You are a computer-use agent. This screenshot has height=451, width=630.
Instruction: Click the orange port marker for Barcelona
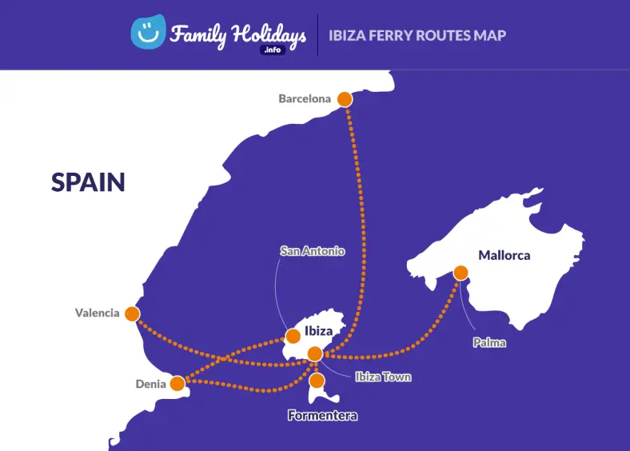tap(345, 99)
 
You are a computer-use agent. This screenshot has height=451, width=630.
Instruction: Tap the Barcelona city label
tap(305, 99)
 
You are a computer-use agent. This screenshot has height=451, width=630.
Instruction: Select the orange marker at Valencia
tap(132, 313)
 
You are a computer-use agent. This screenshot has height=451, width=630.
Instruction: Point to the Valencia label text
tap(97, 313)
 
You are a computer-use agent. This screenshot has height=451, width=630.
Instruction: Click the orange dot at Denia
tap(177, 384)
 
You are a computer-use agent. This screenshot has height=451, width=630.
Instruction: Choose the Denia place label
tap(150, 385)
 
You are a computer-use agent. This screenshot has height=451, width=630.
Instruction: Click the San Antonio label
tap(313, 251)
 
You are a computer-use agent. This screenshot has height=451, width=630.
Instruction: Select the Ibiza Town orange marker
tap(315, 353)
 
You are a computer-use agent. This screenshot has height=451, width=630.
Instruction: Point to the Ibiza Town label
tap(384, 377)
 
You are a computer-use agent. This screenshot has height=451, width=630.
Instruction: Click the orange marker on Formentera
tap(317, 380)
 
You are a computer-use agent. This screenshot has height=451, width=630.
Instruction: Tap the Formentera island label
tap(322, 416)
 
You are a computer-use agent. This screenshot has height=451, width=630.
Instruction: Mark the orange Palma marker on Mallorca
tap(461, 273)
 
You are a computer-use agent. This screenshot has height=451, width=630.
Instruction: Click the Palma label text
tap(489, 342)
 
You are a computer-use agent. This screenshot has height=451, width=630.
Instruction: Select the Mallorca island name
tap(504, 256)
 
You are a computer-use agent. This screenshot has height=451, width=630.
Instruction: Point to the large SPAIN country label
tap(88, 182)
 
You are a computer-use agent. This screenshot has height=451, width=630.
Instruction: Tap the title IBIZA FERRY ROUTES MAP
tap(417, 35)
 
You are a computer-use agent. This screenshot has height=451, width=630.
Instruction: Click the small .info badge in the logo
tap(273, 50)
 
